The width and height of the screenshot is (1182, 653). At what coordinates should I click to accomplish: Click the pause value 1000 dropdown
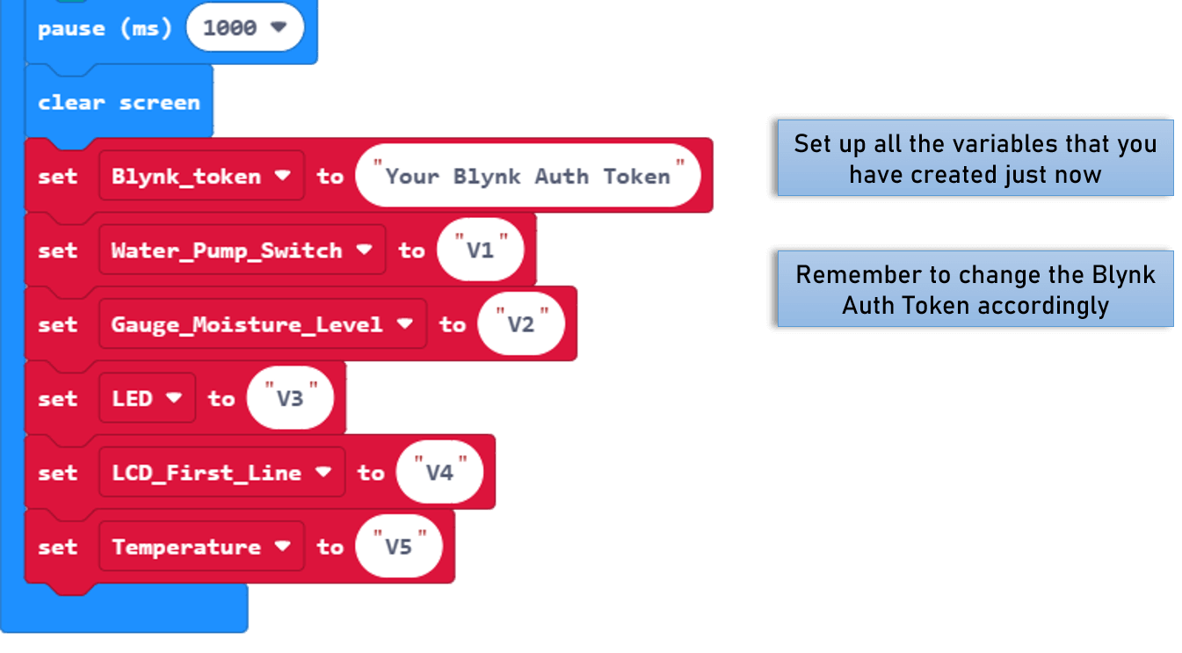tap(244, 28)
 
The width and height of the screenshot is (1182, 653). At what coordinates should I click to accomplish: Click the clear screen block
tap(119, 103)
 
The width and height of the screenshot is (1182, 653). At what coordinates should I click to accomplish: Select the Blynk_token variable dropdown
tap(201, 176)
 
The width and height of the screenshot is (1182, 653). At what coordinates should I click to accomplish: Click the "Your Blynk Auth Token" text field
tap(527, 176)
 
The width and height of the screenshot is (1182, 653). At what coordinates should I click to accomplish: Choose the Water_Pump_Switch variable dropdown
tap(242, 250)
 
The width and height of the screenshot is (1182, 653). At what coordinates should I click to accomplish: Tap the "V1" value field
tap(481, 250)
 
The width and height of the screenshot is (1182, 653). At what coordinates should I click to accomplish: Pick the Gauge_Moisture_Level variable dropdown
tap(262, 324)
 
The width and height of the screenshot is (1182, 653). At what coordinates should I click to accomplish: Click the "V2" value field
tap(521, 324)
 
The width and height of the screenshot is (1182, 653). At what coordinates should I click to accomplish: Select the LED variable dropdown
tap(147, 399)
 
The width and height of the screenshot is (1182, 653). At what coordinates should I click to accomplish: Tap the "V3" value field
tap(290, 399)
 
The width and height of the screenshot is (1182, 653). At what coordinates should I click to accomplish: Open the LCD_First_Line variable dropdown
tap(221, 473)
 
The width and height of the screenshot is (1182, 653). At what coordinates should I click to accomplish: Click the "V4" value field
tap(439, 473)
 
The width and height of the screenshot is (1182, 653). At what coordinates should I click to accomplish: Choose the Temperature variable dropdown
tap(201, 547)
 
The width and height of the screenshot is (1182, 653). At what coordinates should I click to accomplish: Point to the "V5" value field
tap(399, 547)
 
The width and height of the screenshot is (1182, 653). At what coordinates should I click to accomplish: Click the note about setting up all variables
tap(975, 158)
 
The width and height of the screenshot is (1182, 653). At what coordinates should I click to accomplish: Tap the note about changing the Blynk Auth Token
tap(975, 289)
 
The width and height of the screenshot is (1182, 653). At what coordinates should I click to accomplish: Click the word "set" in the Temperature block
tap(58, 547)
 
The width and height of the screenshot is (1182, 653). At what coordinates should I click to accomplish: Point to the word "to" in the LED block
tap(221, 399)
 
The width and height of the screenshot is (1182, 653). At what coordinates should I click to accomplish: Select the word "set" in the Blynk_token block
tap(58, 176)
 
